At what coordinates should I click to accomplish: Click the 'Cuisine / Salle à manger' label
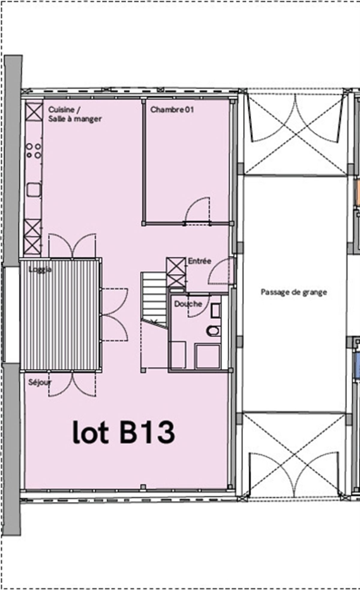pyautogui.click(x=75, y=114)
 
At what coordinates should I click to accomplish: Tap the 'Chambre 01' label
pyautogui.click(x=172, y=110)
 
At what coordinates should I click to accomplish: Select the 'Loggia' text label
pyautogui.click(x=40, y=269)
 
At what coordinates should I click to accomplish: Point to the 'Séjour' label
pyautogui.click(x=40, y=382)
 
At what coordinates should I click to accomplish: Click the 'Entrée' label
pyautogui.click(x=199, y=261)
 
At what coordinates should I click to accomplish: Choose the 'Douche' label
pyautogui.click(x=188, y=304)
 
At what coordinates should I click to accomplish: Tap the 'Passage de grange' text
pyautogui.click(x=294, y=292)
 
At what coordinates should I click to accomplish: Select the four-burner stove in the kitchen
pyautogui.click(x=34, y=151)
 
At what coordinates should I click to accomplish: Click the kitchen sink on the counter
pyautogui.click(x=34, y=190)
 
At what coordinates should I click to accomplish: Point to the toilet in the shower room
pyautogui.click(x=214, y=331)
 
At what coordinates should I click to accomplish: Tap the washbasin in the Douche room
pyautogui.click(x=216, y=311)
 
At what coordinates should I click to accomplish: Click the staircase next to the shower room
pyautogui.click(x=154, y=300)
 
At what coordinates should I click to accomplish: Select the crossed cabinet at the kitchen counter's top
pyautogui.click(x=34, y=111)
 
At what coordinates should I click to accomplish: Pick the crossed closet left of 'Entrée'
pyautogui.click(x=176, y=272)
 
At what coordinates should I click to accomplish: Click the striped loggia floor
pyautogui.click(x=61, y=315)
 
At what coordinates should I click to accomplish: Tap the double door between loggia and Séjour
pyautogui.click(x=72, y=384)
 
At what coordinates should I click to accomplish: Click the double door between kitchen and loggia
pyautogui.click(x=72, y=245)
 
